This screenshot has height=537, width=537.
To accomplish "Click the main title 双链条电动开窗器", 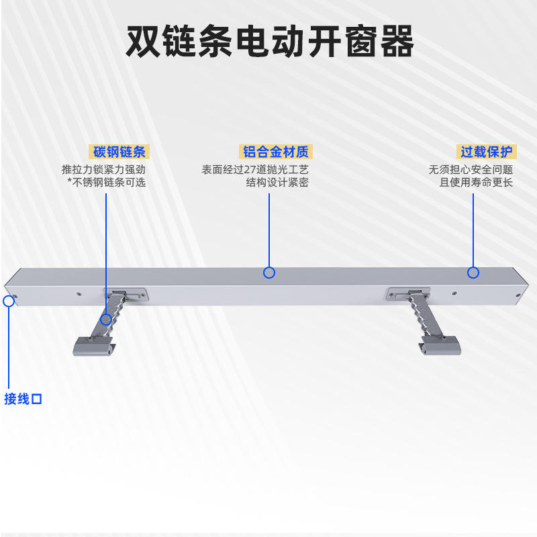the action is (x=270, y=41).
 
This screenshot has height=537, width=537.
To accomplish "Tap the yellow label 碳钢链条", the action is (x=119, y=152).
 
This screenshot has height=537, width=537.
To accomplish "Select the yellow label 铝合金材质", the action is (x=276, y=152).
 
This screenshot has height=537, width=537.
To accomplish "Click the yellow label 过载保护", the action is (x=486, y=152).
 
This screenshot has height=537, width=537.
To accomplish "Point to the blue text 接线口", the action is (x=23, y=399).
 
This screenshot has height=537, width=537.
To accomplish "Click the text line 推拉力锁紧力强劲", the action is (x=104, y=170).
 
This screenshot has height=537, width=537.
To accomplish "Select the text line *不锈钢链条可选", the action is (x=107, y=182).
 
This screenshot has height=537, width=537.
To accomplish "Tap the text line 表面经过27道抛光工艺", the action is (x=255, y=170).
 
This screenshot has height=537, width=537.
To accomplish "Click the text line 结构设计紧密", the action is (x=277, y=182).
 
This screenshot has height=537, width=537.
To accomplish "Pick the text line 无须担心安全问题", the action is (x=471, y=170).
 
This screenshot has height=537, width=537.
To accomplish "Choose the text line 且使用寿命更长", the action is (x=476, y=182).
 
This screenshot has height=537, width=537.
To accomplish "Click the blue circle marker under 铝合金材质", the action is (x=269, y=273).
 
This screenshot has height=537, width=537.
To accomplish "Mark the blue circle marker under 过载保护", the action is (x=473, y=273).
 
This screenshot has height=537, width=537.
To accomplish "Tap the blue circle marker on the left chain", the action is (x=106, y=320).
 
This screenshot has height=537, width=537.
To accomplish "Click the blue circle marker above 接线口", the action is (x=9, y=301).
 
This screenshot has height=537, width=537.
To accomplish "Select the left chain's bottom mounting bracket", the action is (x=94, y=346).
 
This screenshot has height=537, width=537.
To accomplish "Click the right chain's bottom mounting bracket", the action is (x=440, y=345).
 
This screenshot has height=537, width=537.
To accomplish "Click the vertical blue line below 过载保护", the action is (x=473, y=230).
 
